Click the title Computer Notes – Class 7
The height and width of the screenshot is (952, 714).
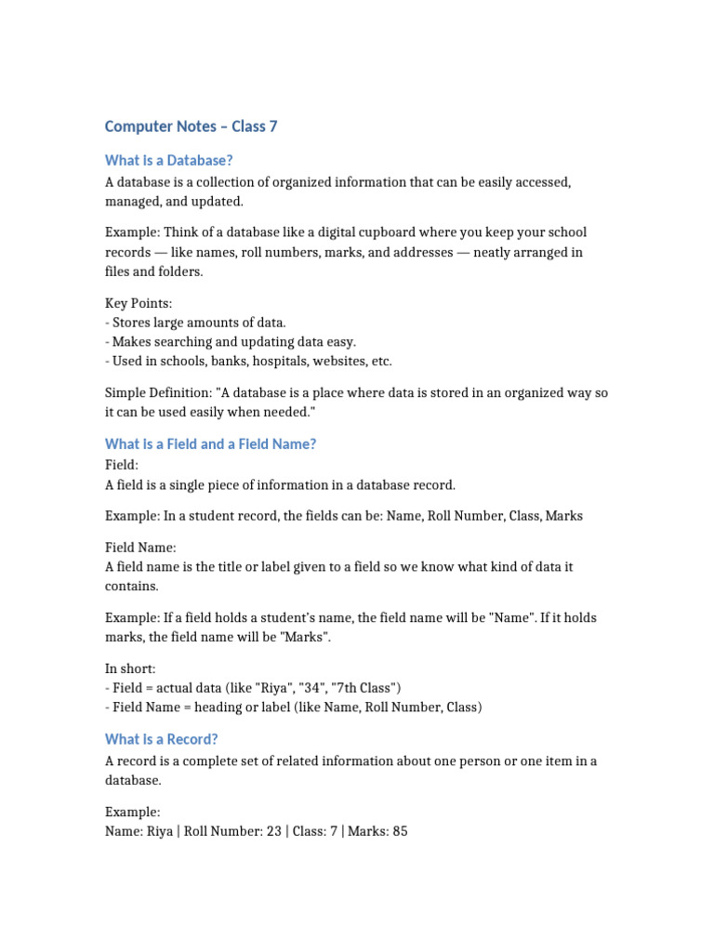tap(191, 126)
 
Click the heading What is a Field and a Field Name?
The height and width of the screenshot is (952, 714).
tap(211, 444)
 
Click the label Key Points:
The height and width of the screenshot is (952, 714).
tap(139, 303)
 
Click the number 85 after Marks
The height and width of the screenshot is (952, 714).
tap(400, 831)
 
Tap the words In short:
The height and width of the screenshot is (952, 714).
tap(130, 668)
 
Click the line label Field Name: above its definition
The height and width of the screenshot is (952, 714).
tap(140, 548)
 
